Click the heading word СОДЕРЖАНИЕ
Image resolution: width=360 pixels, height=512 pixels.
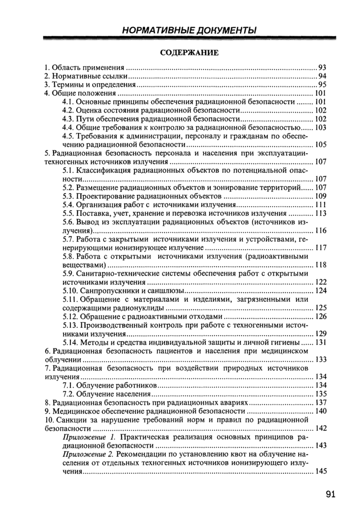(x=189, y=52)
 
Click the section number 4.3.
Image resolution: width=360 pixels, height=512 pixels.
(x=68, y=119)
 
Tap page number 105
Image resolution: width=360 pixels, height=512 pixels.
(x=321, y=144)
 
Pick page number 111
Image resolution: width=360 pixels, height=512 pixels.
(x=321, y=205)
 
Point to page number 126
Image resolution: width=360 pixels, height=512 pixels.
(x=321, y=316)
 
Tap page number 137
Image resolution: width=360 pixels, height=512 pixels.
(x=321, y=402)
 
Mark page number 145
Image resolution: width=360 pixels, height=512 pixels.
(x=321, y=471)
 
